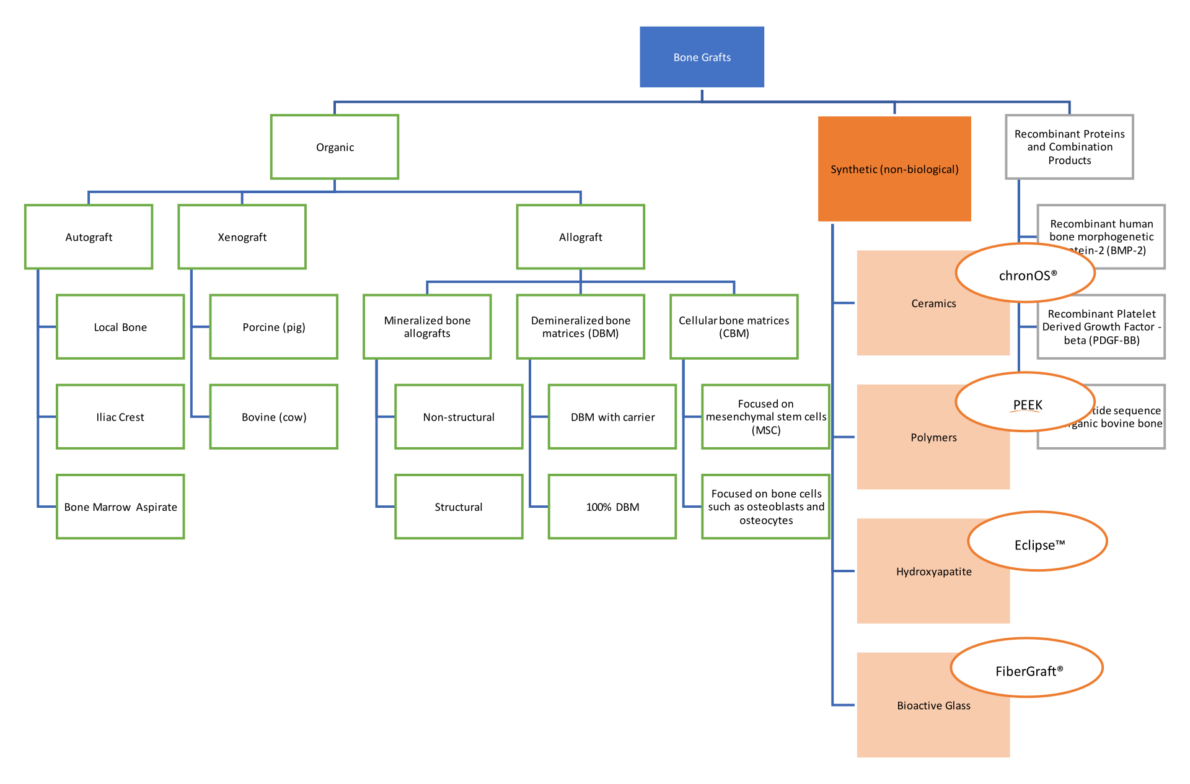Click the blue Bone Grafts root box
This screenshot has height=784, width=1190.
[x=702, y=57]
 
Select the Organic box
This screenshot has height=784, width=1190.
[x=335, y=147]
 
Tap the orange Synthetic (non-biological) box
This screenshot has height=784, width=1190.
[x=894, y=168]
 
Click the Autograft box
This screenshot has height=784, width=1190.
[x=89, y=237]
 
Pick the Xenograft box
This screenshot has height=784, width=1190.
[x=242, y=237]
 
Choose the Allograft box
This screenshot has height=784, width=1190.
[x=580, y=237]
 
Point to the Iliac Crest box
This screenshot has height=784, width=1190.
[x=120, y=417]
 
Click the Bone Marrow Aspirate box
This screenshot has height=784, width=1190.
[x=120, y=507]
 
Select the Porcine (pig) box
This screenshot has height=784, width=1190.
[x=273, y=326]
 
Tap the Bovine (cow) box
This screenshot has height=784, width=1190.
[x=273, y=417]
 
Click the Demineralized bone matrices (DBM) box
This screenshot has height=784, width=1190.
[x=580, y=326]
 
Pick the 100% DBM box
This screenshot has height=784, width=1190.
[x=612, y=507]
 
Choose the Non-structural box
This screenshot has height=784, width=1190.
[x=459, y=417]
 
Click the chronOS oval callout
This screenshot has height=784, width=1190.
[x=1026, y=274]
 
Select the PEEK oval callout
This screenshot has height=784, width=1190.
[x=1026, y=404]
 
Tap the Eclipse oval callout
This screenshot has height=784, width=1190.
[x=1038, y=544]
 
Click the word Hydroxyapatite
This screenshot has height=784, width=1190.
[x=933, y=571]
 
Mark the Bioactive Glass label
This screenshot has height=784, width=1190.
[x=933, y=705]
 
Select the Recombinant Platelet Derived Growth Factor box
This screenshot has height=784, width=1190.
[x=1101, y=326]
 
